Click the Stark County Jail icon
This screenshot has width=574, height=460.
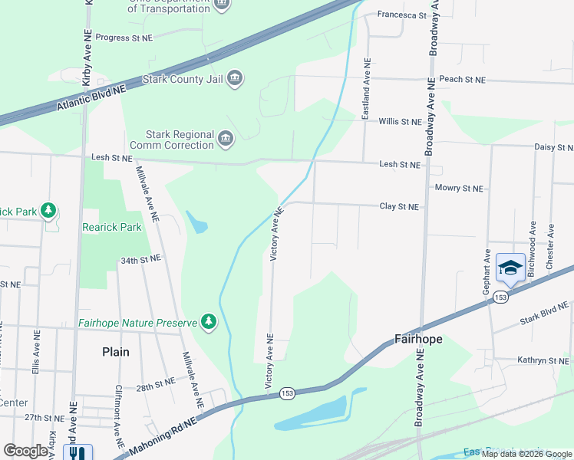click(x=235, y=79)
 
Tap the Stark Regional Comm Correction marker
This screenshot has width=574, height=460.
click(x=226, y=139)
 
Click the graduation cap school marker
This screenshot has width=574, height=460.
click(x=510, y=268)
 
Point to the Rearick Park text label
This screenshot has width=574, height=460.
click(x=112, y=227)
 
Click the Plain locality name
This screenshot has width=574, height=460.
click(x=116, y=352)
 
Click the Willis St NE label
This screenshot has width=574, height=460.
click(x=401, y=122)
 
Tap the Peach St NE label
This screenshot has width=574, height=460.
click(x=463, y=80)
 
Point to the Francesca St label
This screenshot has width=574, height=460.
click(x=399, y=15)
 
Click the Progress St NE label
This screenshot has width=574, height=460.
click(x=124, y=37)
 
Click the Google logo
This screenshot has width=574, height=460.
click(x=25, y=451)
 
